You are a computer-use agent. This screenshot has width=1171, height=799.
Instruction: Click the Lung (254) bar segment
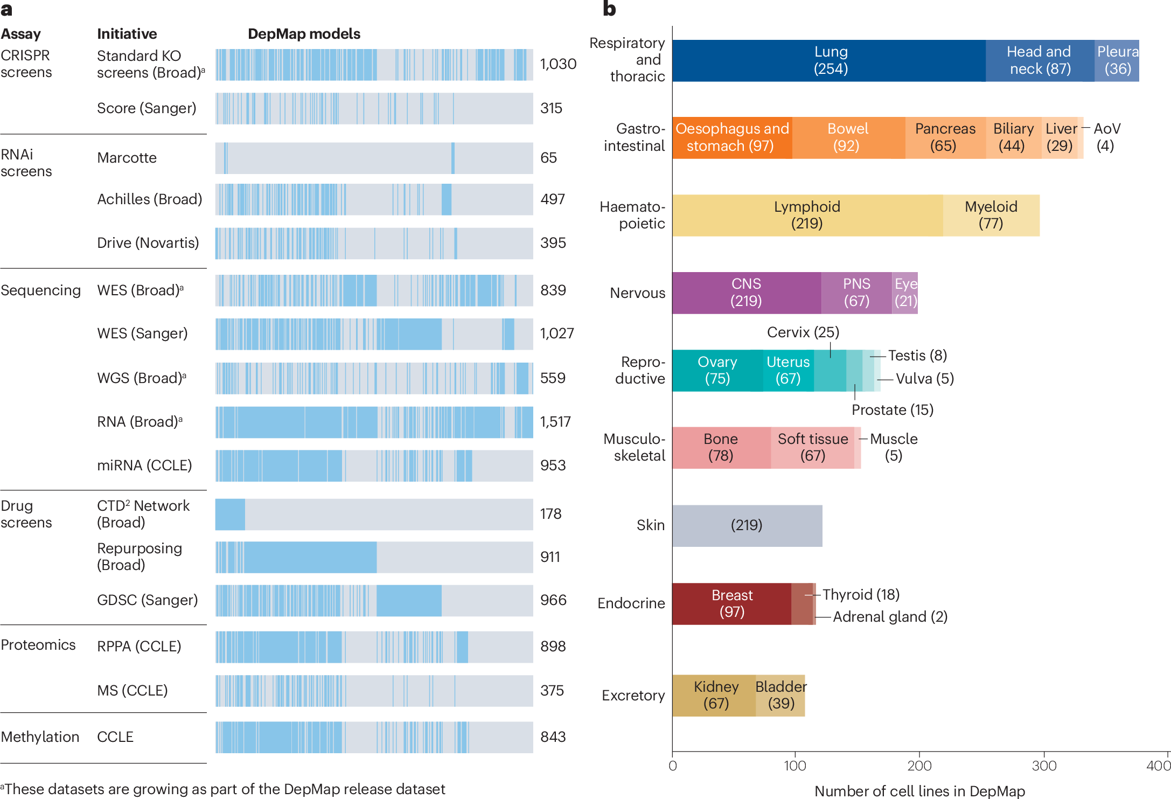click(830, 60)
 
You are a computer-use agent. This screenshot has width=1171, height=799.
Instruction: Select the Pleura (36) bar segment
click(1117, 60)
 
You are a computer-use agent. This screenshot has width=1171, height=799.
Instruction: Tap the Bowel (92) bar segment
click(848, 137)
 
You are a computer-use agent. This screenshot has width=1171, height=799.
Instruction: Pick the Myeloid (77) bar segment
click(991, 215)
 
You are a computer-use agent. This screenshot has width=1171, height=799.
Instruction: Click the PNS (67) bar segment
click(856, 293)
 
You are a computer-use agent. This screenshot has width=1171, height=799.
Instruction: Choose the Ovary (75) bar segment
click(717, 370)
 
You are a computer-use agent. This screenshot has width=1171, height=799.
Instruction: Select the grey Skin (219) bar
click(747, 525)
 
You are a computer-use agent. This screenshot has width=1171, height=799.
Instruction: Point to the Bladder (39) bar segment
click(780, 695)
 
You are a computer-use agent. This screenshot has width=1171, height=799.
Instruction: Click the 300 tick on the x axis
click(1044, 766)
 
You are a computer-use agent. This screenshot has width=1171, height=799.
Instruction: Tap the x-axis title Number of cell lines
click(919, 790)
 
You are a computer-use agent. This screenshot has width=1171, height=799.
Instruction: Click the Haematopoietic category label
click(632, 215)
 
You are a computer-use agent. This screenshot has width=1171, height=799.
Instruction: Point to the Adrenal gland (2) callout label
click(890, 616)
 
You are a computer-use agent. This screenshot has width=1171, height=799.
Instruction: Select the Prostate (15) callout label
click(892, 410)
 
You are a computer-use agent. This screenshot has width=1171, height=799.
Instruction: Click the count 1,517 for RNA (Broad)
click(555, 422)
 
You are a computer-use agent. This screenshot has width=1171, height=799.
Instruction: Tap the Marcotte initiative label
click(127, 158)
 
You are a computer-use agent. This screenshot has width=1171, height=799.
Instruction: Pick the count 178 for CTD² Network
click(550, 514)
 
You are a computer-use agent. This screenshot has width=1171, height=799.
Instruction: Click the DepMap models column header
click(304, 34)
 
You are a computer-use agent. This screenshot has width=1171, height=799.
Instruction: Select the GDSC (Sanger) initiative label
click(147, 600)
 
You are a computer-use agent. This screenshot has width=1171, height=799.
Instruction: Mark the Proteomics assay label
click(38, 645)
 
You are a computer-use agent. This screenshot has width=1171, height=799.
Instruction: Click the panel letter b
click(609, 9)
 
